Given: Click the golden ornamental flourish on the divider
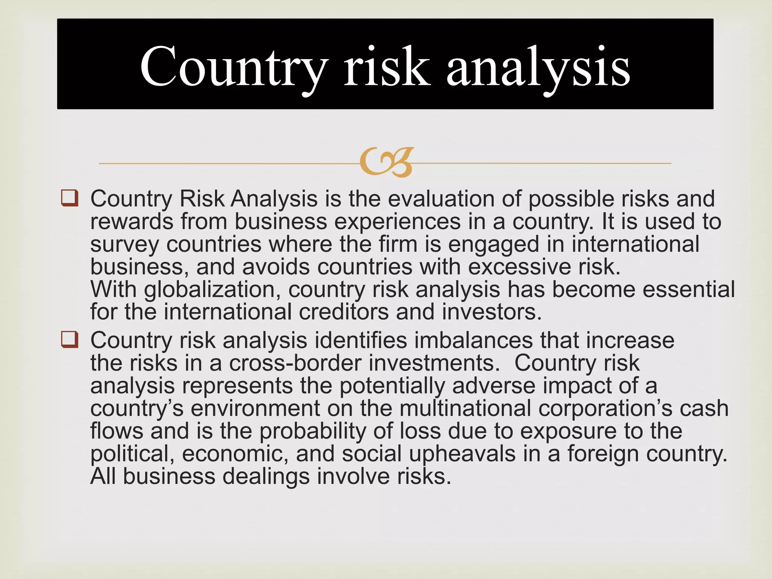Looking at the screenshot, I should [x=386, y=162].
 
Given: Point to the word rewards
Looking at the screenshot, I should [x=132, y=221].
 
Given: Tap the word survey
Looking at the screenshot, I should [x=124, y=245].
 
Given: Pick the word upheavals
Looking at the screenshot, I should [x=462, y=454].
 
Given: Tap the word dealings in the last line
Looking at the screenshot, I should [x=266, y=476].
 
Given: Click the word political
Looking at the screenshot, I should [x=132, y=454].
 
